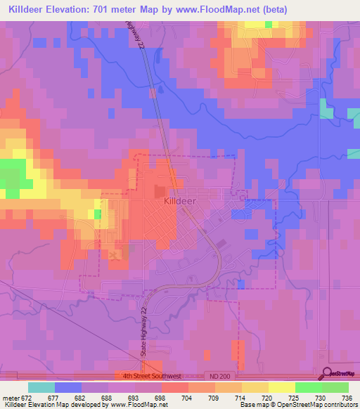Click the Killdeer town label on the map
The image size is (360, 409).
(179, 200)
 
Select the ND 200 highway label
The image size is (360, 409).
(217, 376)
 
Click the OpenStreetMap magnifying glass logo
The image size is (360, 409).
(326, 374)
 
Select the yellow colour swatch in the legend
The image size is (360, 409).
(282, 387)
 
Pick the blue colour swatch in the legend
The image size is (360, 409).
(68, 387)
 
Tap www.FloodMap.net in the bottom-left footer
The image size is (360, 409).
(128, 405)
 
